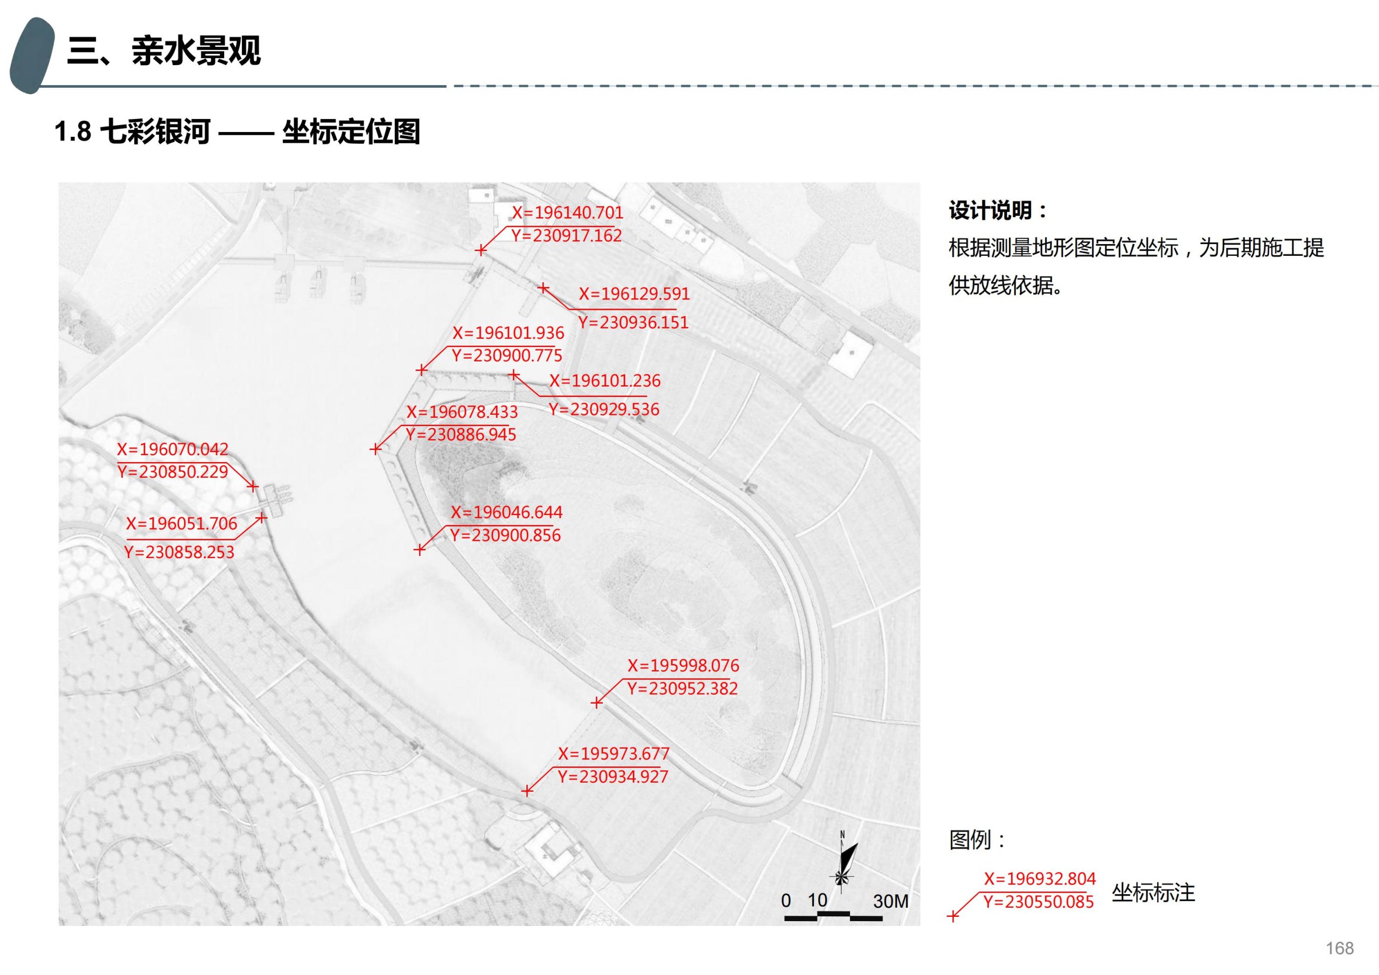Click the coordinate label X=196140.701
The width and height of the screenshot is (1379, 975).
click(567, 213)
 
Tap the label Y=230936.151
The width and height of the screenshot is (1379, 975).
click(633, 323)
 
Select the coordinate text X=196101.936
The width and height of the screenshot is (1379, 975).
click(508, 333)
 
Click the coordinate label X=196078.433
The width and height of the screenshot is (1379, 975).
click(462, 412)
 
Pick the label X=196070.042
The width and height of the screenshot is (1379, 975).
click(172, 449)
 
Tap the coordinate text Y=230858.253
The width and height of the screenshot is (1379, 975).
click(179, 552)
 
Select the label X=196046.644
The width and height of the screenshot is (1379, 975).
click(506, 512)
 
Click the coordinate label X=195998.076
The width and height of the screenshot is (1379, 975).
click(683, 666)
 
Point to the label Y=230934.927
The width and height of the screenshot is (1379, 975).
click(612, 777)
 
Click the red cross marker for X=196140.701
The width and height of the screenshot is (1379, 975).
click(480, 250)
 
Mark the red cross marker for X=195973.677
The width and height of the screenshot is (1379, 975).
click(527, 791)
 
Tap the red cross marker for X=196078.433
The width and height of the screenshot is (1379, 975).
click(375, 449)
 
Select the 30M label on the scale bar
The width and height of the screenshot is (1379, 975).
click(890, 901)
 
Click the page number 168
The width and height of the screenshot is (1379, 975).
click(1339, 948)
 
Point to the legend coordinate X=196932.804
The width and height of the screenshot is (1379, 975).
click(1040, 879)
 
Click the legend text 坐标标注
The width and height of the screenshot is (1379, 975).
click(1153, 893)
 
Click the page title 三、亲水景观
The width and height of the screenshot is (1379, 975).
click(164, 51)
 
